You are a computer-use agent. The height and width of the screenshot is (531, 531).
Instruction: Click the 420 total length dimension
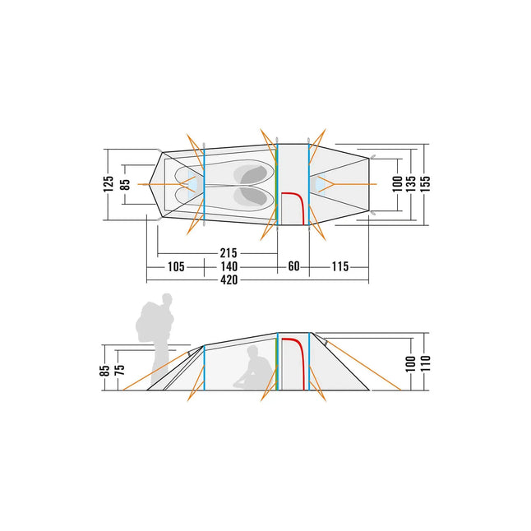(x=229, y=280)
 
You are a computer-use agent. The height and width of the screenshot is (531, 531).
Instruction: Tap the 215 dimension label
(x=229, y=253)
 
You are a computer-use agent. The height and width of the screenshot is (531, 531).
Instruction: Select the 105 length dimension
(x=176, y=267)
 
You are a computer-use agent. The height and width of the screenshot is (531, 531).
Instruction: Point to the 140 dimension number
(x=229, y=267)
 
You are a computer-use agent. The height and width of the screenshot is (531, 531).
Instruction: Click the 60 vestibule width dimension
(x=293, y=266)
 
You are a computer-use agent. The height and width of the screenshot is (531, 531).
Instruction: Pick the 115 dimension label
(x=340, y=267)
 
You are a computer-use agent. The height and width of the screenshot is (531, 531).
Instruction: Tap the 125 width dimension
(x=109, y=184)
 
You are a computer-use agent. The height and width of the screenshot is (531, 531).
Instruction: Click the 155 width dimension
(x=425, y=184)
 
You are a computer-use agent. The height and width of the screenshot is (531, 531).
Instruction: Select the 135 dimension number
(x=411, y=184)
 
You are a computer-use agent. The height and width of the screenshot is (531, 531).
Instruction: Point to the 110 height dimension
(x=425, y=363)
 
